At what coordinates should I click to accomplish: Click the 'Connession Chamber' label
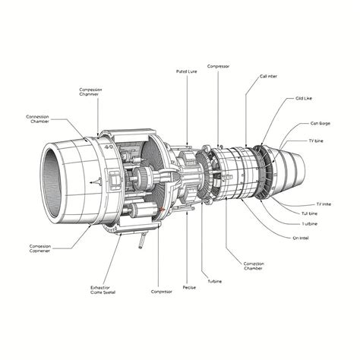pyautogui.click(x=38, y=120)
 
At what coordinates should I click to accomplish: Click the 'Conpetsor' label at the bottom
pyautogui.click(x=161, y=291)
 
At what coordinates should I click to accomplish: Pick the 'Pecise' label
pyautogui.click(x=190, y=287)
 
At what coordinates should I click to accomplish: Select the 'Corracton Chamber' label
pyautogui.click(x=254, y=265)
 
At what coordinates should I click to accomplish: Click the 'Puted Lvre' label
pyautogui.click(x=186, y=71)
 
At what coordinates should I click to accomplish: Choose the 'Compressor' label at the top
pyautogui.click(x=218, y=66)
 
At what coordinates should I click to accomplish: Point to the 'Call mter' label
pyautogui.click(x=269, y=77)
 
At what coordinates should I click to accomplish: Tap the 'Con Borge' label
pyautogui.click(x=320, y=123)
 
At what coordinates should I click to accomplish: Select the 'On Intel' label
pyautogui.click(x=301, y=238)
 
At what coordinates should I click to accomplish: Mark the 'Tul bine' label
pyautogui.click(x=310, y=213)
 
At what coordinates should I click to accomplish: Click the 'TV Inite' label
pyautogui.click(x=323, y=204)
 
